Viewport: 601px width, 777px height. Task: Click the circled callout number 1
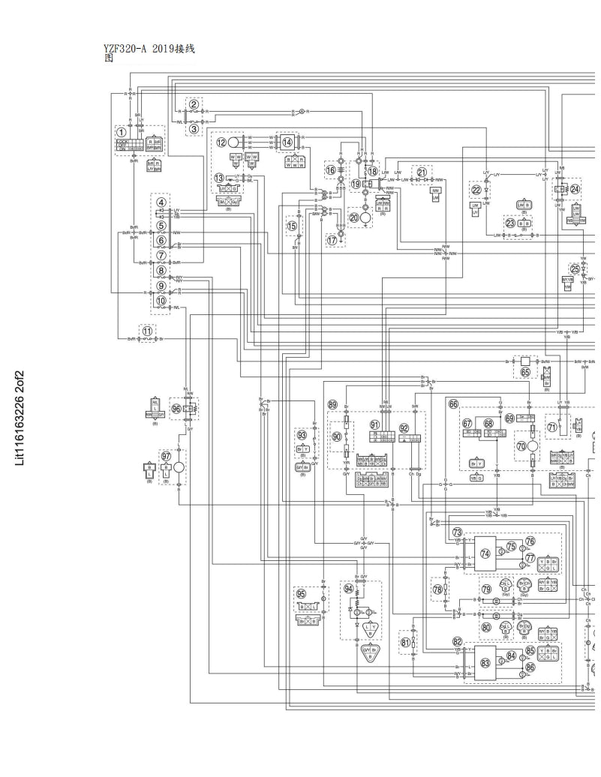click(x=122, y=132)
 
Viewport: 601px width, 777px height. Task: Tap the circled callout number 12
click(x=221, y=142)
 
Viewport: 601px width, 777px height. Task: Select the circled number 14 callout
click(x=287, y=142)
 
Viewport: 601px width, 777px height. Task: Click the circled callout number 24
click(x=575, y=189)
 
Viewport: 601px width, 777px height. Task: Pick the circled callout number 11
click(x=148, y=330)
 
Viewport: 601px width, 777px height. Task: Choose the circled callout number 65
click(x=525, y=371)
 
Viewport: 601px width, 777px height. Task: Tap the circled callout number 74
click(x=485, y=553)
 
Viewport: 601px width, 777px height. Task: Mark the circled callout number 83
click(x=485, y=662)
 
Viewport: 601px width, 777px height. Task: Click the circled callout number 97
click(x=166, y=455)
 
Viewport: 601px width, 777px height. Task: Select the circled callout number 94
click(x=348, y=588)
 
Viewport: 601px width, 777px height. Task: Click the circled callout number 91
click(x=375, y=425)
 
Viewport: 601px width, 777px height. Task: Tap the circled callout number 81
click(x=405, y=642)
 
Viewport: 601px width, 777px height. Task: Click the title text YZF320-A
click(x=127, y=49)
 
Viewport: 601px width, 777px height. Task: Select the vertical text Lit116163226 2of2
click(x=20, y=417)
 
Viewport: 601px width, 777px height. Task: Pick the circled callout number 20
click(x=354, y=217)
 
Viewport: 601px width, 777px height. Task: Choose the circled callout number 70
click(x=521, y=445)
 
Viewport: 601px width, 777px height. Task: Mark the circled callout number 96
click(x=176, y=409)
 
